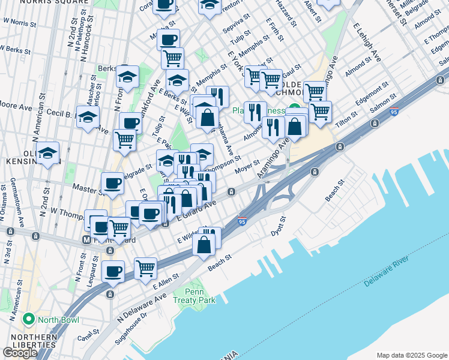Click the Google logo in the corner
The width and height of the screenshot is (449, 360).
tap(20, 353)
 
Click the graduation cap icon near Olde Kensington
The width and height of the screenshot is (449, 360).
tap(47, 153)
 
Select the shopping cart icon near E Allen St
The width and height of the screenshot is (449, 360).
tap(145, 269)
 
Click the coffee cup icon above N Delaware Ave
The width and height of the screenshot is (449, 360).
tap(113, 271)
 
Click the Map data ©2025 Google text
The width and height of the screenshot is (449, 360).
tap(411, 355)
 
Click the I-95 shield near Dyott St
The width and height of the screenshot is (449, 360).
tap(243, 221)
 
